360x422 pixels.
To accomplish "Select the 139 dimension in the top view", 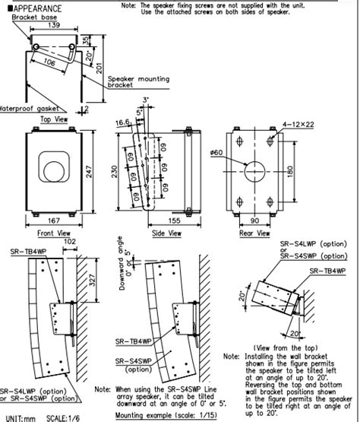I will (x=52, y=24).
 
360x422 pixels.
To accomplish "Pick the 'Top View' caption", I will (x=55, y=119).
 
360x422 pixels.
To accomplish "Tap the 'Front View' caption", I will (x=55, y=234).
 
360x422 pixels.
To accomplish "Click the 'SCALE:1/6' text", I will (x=63, y=417).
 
